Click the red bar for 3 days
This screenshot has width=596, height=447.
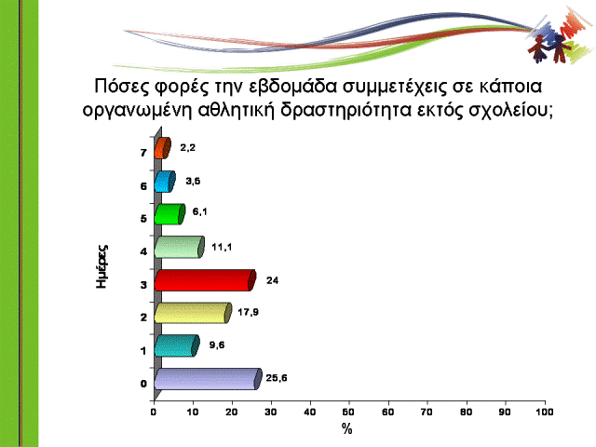[x=205, y=280]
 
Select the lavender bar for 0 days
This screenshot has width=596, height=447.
[x=209, y=379]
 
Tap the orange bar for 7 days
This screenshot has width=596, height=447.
[x=163, y=148]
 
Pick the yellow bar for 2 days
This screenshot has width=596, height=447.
[x=193, y=313]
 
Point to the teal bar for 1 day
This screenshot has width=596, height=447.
[x=177, y=345]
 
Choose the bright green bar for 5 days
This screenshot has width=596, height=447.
[x=169, y=214]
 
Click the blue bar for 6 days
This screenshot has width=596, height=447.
[x=165, y=182]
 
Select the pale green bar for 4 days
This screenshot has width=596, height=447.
[x=180, y=247]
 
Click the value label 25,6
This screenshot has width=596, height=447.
[x=277, y=378]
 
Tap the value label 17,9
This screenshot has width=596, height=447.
[x=249, y=312]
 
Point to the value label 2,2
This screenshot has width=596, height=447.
[x=188, y=147]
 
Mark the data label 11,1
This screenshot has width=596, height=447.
[x=222, y=247]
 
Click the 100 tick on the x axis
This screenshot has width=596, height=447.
[x=545, y=412]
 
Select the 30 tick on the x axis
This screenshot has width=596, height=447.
[x=271, y=412]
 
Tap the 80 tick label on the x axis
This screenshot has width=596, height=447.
[x=466, y=412]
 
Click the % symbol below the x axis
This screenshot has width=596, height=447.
[x=346, y=429]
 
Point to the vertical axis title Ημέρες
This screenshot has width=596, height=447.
[x=102, y=266]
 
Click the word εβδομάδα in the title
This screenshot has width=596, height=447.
[x=293, y=87]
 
